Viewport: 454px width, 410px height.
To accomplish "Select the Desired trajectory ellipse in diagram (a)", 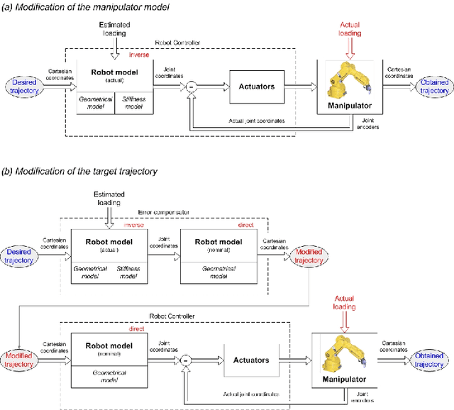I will point(25,87).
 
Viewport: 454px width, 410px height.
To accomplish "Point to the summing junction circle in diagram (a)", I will point(191,87).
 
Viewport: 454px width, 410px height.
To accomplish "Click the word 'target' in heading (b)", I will point(99,172).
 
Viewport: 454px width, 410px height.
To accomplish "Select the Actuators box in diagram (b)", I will point(251,360).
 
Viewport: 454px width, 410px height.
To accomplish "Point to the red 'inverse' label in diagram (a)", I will point(139,55).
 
